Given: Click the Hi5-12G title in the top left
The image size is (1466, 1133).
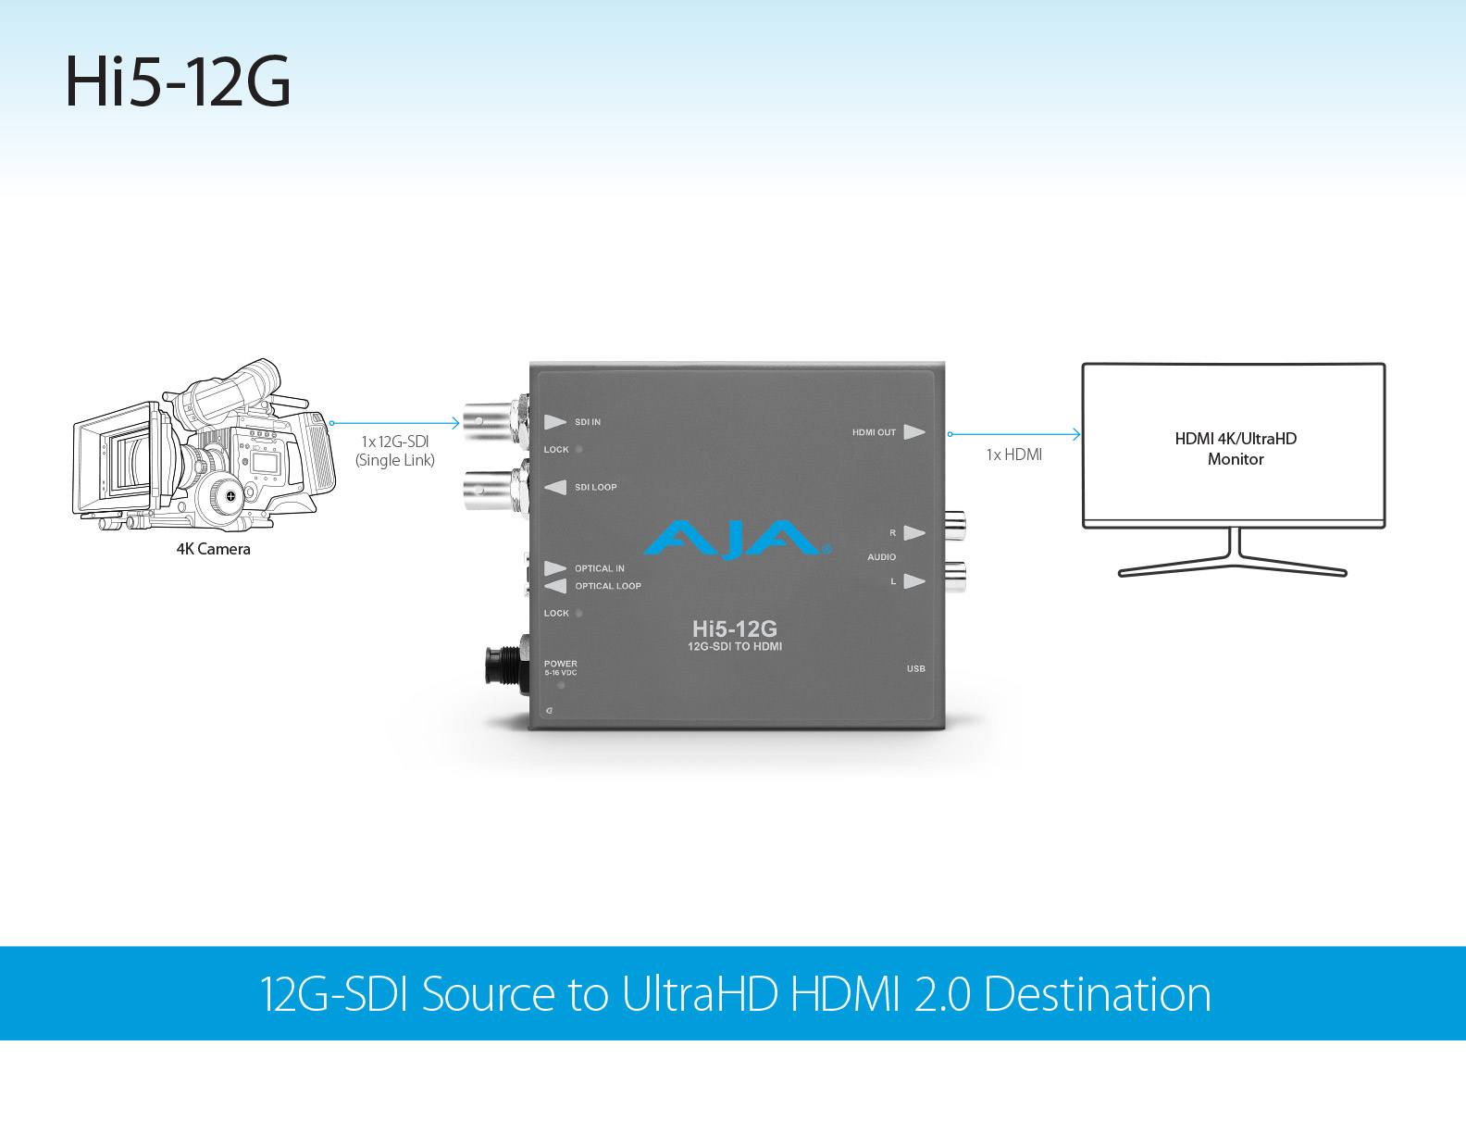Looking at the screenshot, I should (178, 82).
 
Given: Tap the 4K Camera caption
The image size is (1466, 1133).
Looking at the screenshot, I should (213, 549).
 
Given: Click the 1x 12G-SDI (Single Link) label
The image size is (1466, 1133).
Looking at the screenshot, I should (395, 451).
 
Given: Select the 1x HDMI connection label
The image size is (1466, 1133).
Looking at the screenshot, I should (1013, 454).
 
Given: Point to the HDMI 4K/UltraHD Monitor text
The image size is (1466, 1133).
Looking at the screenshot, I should (1236, 449).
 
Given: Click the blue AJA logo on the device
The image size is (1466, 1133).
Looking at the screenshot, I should (737, 540).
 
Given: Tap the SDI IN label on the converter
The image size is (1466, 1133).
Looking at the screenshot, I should (587, 422).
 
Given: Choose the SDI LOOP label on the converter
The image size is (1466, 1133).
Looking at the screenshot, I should (595, 487).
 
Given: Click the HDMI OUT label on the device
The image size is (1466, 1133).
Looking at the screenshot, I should (874, 432).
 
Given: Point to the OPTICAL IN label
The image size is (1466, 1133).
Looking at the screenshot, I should (599, 568).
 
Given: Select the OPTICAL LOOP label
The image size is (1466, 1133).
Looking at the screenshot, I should (607, 586).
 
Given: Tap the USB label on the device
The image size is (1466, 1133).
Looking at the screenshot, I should (915, 668).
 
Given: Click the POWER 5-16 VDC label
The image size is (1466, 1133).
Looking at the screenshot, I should (560, 667).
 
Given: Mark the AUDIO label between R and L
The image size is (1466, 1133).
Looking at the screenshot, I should (881, 557).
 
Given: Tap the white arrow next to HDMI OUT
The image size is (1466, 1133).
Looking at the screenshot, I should (914, 432).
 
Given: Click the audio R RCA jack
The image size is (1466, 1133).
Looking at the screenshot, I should (954, 528).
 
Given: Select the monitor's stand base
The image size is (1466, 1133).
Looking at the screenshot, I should (1233, 566).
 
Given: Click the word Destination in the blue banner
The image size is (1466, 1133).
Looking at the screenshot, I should (1097, 994).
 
